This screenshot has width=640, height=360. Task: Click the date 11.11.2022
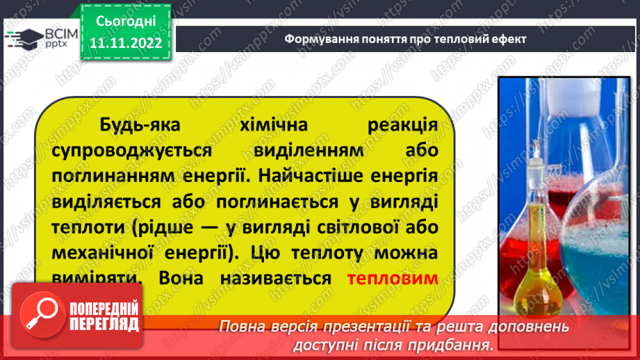click(x=126, y=43)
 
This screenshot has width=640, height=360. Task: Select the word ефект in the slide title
click(x=507, y=39)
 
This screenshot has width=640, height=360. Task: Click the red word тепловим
click(x=392, y=279)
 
